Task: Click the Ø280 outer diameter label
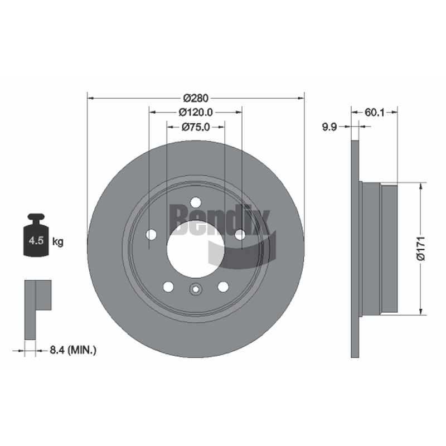pos(196,98)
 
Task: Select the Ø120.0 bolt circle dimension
pos(196,113)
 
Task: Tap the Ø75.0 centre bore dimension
pos(196,127)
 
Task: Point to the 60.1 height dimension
pos(374,113)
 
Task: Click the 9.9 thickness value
pos(329,127)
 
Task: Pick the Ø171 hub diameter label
pos(421,248)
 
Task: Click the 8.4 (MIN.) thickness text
pos(73,350)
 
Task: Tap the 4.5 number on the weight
pos(36,240)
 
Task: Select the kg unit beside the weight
pos(58,242)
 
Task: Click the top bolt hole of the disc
pos(196,203)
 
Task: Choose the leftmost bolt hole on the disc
pos(151,235)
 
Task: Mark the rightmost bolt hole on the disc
pos(240,235)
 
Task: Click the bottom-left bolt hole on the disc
pos(168,287)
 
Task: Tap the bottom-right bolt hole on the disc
pos(223,287)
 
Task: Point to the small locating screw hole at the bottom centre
pos(196,289)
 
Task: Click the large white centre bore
pos(196,249)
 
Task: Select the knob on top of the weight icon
pos(36,217)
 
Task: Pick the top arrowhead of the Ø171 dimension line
pos(421,186)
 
